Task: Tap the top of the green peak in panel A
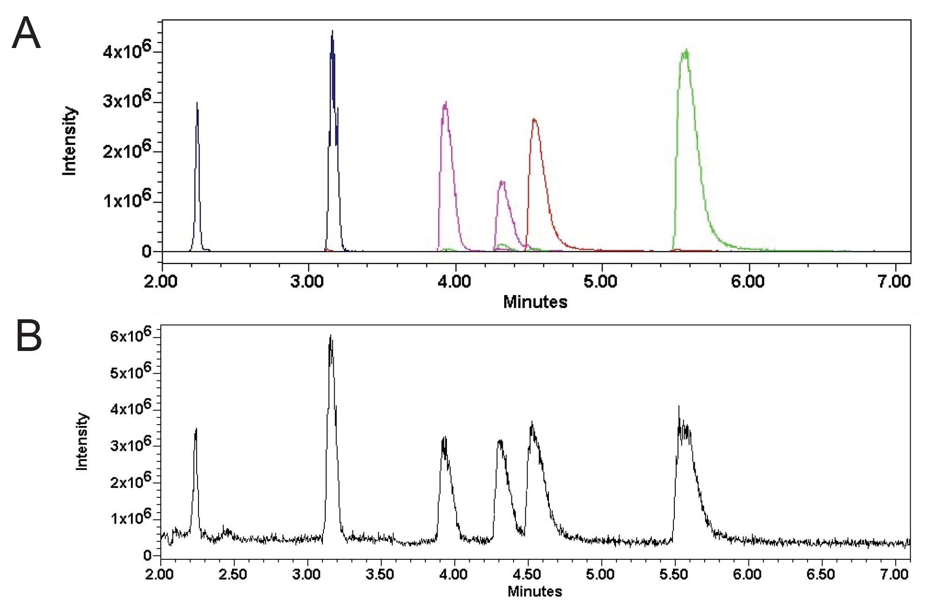pos(685,50)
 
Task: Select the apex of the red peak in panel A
pos(534,119)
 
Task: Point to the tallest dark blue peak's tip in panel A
pos(332,31)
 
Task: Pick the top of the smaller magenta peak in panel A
pos(502,181)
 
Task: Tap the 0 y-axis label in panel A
pos(146,252)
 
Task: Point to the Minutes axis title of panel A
pos(535,302)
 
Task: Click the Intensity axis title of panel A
pos(69,141)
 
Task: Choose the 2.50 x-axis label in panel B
pos(233,574)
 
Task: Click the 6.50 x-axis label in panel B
pos(821,574)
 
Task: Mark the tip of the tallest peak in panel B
pos(330,335)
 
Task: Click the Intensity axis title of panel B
pos(82,441)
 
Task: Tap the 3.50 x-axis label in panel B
pos(380,574)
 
